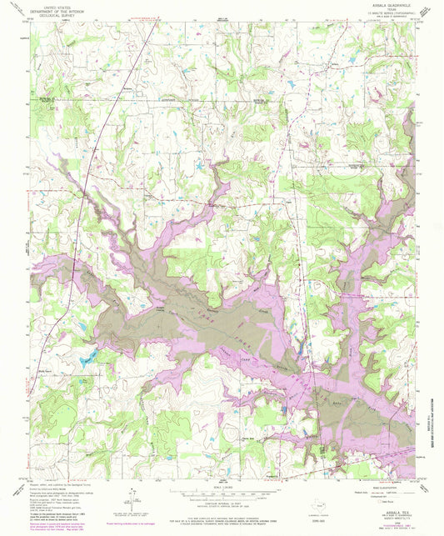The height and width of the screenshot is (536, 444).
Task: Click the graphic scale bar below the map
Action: (x=222, y=492)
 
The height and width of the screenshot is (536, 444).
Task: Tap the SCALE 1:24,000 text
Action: (x=222, y=486)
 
